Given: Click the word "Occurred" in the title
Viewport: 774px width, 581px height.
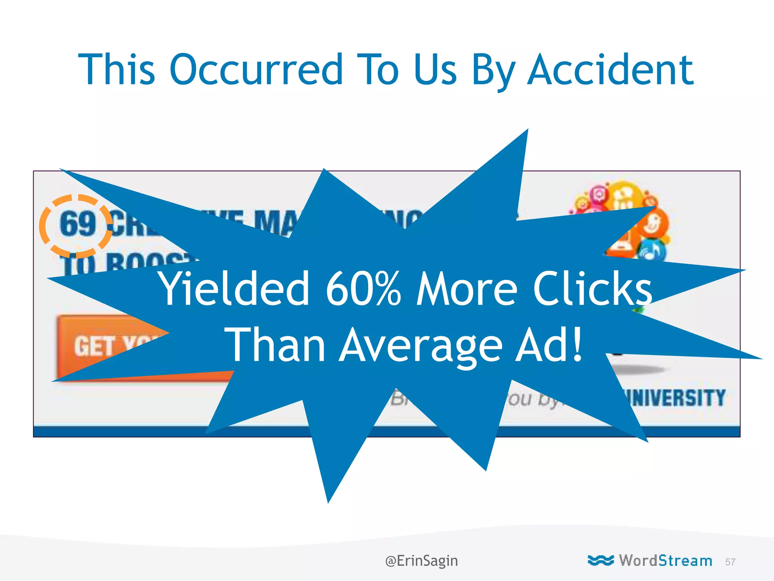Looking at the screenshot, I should click(x=256, y=70).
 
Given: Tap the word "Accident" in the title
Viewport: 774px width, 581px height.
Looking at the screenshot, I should click(x=610, y=70).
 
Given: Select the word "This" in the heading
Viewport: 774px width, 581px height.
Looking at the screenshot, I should click(x=116, y=70).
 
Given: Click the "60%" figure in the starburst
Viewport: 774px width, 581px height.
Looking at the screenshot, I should click(x=363, y=289).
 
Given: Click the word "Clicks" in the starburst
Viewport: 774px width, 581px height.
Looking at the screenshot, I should click(x=593, y=289).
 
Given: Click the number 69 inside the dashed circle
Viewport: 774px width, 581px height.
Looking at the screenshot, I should click(x=77, y=224).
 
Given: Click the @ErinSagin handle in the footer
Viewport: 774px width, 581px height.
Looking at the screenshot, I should click(x=421, y=561).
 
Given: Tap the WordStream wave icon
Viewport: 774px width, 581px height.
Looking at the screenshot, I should click(x=601, y=560).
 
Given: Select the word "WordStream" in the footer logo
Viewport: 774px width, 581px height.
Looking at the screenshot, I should click(x=665, y=561).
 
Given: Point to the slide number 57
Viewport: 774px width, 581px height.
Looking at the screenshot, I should click(x=730, y=562).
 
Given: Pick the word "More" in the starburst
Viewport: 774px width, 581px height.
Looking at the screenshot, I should click(x=466, y=289).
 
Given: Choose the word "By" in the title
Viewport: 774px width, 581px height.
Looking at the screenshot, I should click(x=493, y=70).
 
